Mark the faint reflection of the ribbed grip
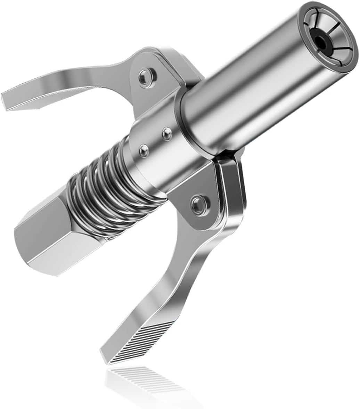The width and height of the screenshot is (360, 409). [x=146, y=379]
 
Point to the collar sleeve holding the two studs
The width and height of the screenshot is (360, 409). [x=156, y=153]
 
